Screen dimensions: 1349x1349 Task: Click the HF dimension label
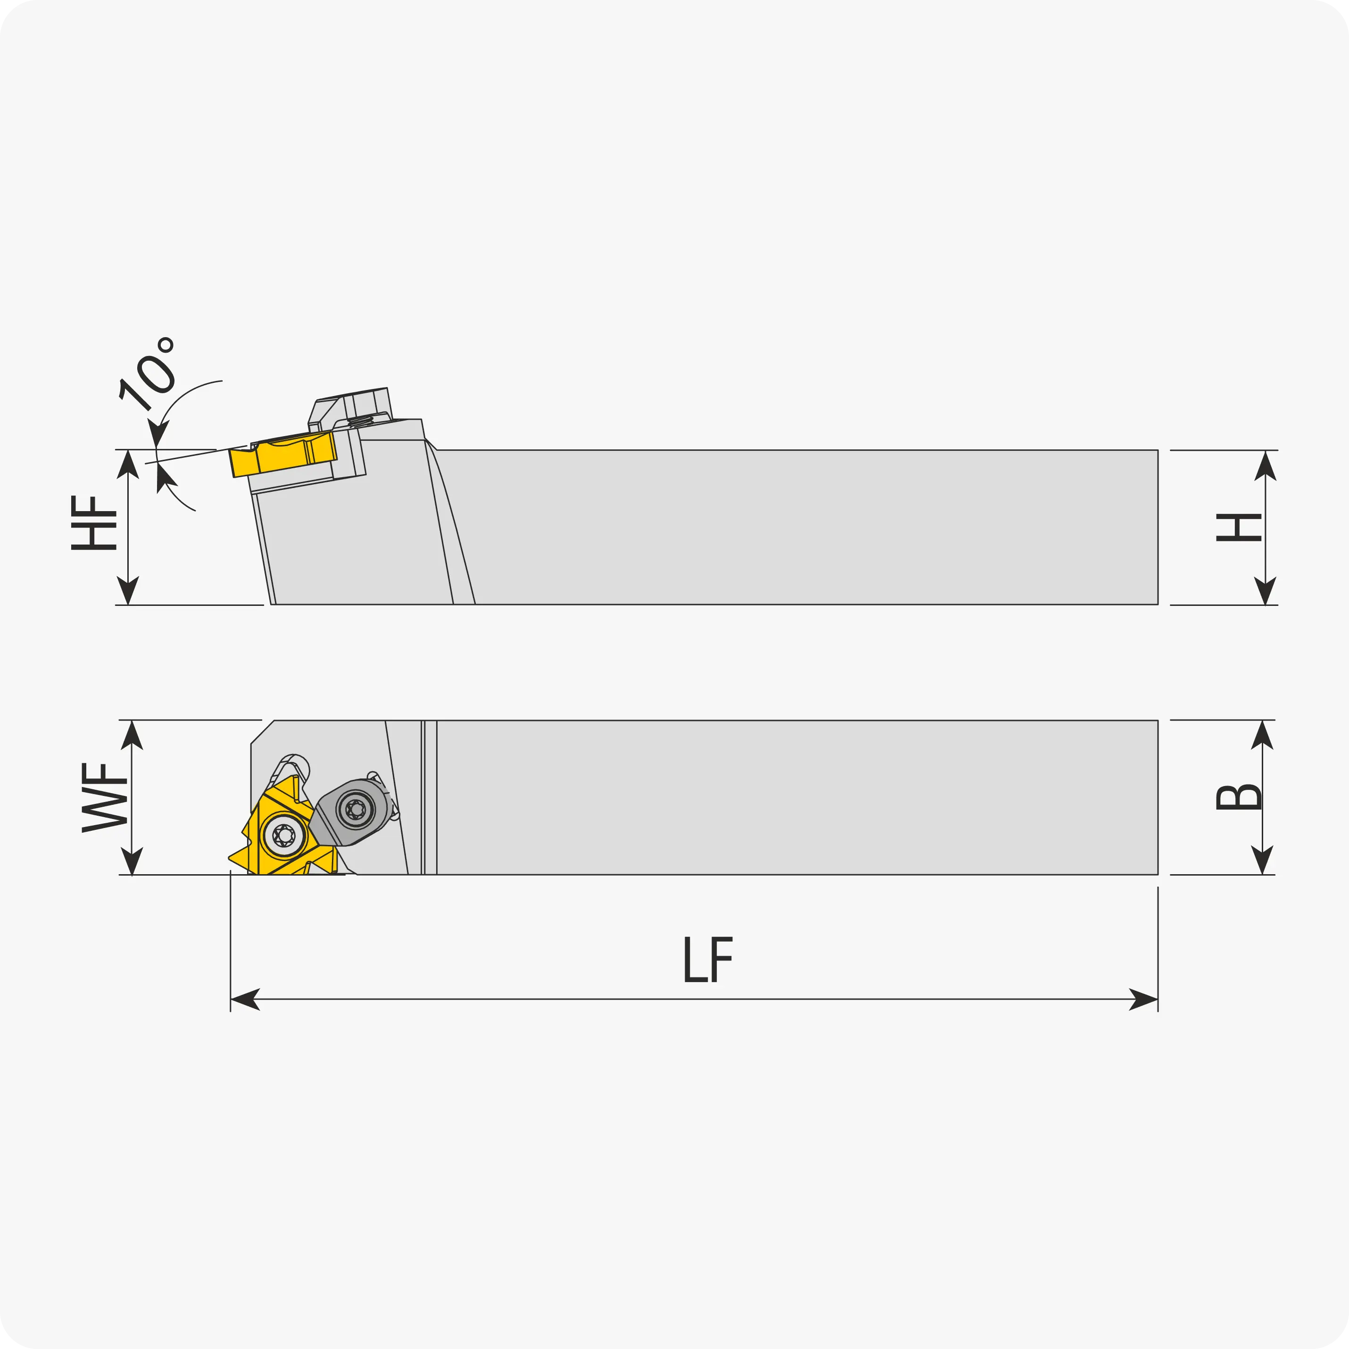tap(93, 523)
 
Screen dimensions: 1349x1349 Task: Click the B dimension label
tap(1238, 797)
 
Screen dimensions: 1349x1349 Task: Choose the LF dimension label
tap(708, 960)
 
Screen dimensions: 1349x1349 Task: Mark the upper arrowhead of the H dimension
tap(1265, 466)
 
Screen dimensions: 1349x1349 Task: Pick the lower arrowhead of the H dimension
tap(1265, 590)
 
